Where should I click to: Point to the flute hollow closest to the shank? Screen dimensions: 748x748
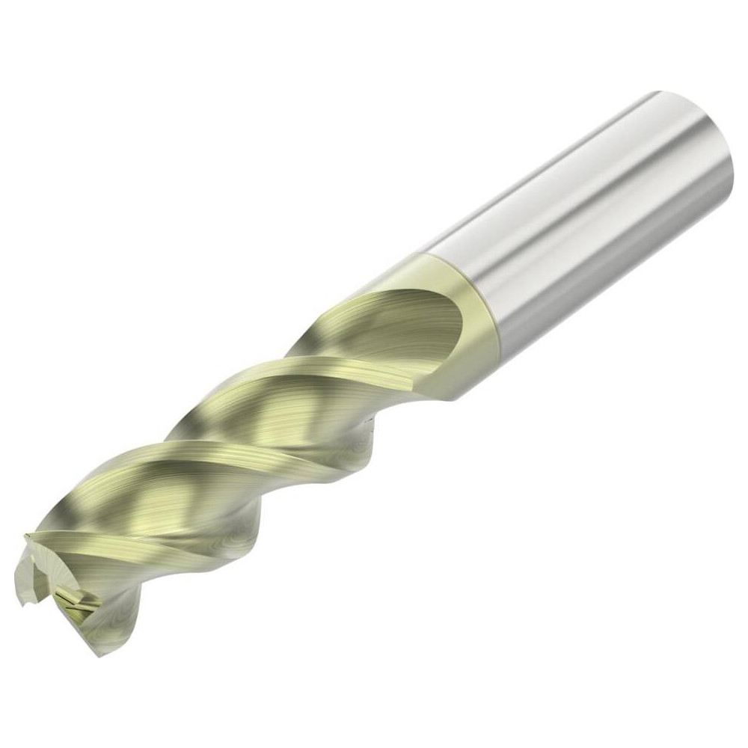[389, 314]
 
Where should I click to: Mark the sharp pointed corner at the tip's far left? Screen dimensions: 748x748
[25, 536]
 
